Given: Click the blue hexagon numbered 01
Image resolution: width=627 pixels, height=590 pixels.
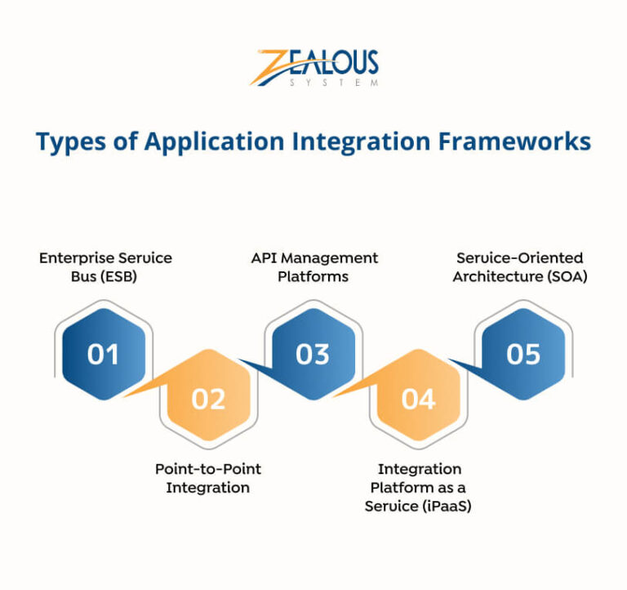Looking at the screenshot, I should point(104,354).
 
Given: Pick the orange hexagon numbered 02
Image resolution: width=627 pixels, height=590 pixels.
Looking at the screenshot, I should point(208,399).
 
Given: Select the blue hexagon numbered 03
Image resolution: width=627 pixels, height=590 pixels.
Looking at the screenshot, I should point(313,354).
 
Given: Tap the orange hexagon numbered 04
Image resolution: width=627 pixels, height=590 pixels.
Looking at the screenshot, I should point(418,399).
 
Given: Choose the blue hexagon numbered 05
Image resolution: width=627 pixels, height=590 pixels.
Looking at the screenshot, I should point(523,354).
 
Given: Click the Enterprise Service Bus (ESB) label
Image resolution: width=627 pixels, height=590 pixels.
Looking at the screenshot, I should point(105,267).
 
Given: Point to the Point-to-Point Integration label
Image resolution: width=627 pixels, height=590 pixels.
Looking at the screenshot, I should point(208,478).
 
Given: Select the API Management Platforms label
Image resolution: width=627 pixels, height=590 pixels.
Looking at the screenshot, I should point(314,267).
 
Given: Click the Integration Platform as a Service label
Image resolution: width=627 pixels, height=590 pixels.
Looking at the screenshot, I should point(420,487).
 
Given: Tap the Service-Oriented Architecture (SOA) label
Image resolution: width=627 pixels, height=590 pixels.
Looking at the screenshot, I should point(520,267).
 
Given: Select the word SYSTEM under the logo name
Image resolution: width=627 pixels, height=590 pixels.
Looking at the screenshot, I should point(335,83).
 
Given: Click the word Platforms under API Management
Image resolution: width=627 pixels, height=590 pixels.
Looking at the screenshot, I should point(313,276).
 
